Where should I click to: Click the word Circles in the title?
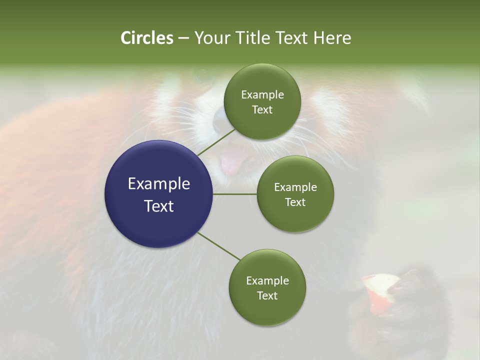click(146, 38)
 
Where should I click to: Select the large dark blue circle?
click(159, 194)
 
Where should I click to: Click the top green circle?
click(262, 102)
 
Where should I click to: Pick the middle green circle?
click(295, 194)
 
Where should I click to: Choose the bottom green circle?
click(267, 287)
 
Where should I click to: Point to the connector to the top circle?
click(216, 142)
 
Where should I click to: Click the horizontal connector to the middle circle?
click(235, 194)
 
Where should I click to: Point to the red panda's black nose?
click(220, 120)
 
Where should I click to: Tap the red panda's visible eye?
click(202, 76)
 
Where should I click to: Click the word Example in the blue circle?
click(159, 183)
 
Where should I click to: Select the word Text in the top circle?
click(262, 110)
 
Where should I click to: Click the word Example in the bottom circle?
click(267, 280)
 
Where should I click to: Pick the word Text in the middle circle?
click(295, 202)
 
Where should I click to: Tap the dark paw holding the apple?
click(410, 305)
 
